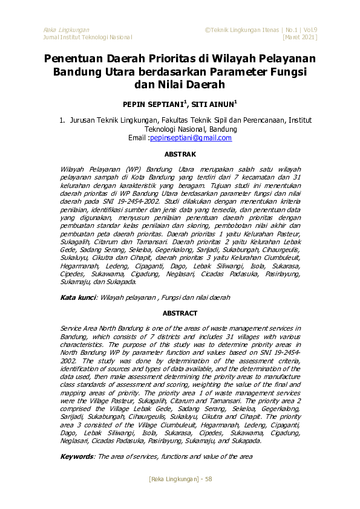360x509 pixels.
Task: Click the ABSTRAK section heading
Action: [180, 155]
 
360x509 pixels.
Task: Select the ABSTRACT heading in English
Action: [180, 313]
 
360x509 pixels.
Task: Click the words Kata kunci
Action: [78, 297]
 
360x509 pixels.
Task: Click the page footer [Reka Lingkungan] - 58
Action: [180, 479]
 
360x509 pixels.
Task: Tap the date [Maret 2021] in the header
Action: [300, 37]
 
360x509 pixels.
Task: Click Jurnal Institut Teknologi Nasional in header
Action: [88, 37]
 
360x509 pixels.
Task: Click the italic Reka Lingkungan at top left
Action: [67, 30]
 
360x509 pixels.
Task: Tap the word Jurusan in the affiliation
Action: [83, 120]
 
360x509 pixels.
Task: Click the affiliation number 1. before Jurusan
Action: [63, 120]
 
